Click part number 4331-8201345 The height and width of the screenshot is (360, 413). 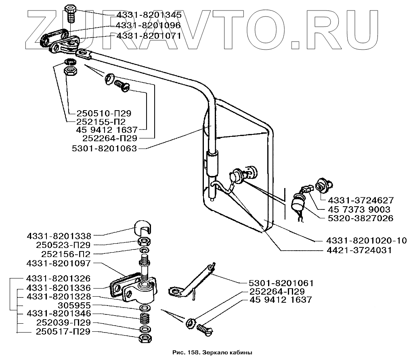(149, 15)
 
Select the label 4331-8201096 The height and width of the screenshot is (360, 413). (148, 25)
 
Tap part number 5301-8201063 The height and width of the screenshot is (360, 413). (104, 149)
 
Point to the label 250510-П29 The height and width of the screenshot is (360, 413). (104, 113)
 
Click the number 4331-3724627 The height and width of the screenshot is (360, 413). (361, 201)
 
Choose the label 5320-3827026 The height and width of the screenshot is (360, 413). (361, 218)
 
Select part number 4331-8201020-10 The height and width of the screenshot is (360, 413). (367, 241)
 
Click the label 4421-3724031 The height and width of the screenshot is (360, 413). (359, 250)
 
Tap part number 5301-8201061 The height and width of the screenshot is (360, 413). (281, 283)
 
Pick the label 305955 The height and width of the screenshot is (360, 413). (74, 306)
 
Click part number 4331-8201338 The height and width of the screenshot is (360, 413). (59, 236)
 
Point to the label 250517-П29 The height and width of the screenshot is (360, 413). (63, 332)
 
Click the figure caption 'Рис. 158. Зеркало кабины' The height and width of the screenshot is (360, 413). (212, 352)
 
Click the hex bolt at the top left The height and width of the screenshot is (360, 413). (70, 13)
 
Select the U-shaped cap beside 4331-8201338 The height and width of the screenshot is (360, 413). (143, 228)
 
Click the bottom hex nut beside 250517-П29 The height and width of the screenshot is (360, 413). (145, 338)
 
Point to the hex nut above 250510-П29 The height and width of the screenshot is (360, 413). (71, 71)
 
